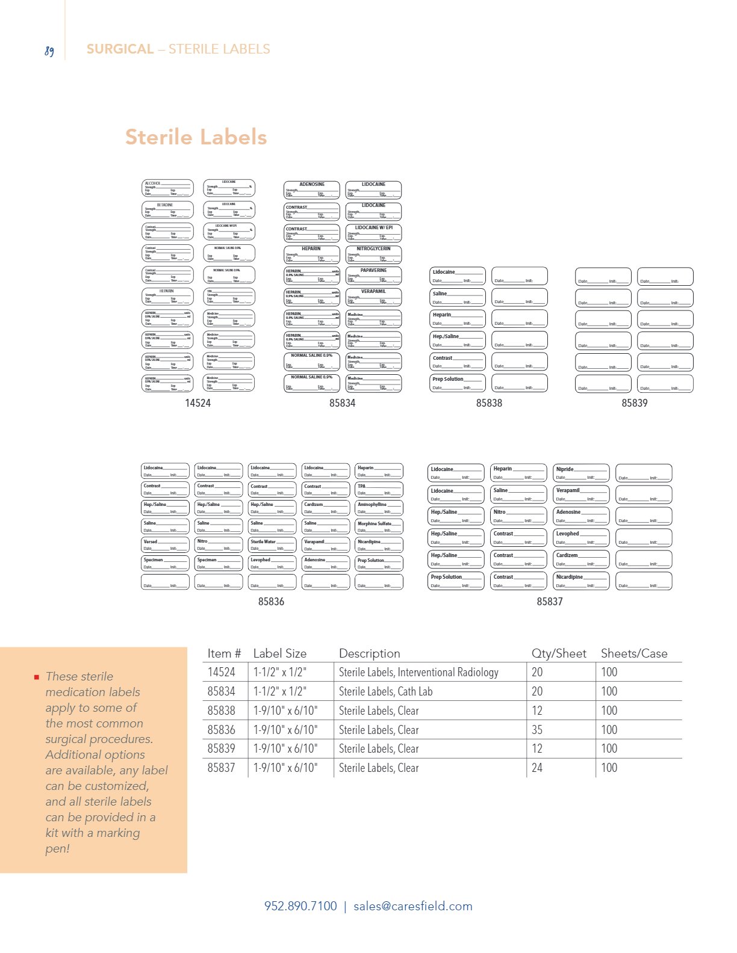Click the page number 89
tap(49, 51)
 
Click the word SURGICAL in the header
tap(120, 49)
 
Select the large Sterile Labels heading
tap(196, 137)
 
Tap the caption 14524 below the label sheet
tap(197, 403)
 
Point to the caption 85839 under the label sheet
tap(634, 403)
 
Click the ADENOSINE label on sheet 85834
tap(312, 190)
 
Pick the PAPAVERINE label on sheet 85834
tap(373, 275)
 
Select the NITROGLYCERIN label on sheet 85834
tap(373, 254)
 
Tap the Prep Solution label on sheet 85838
tap(457, 383)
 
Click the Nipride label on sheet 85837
tap(580, 473)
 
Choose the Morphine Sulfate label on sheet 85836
tap(379, 526)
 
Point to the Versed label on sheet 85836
tap(165, 544)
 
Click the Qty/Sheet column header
tap(558, 653)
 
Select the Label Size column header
tap(279, 653)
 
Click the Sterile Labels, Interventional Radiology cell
tap(418, 672)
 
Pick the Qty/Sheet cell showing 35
tap(537, 730)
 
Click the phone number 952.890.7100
tap(300, 906)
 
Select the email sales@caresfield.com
tap(412, 906)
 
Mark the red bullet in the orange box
tap(37, 677)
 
